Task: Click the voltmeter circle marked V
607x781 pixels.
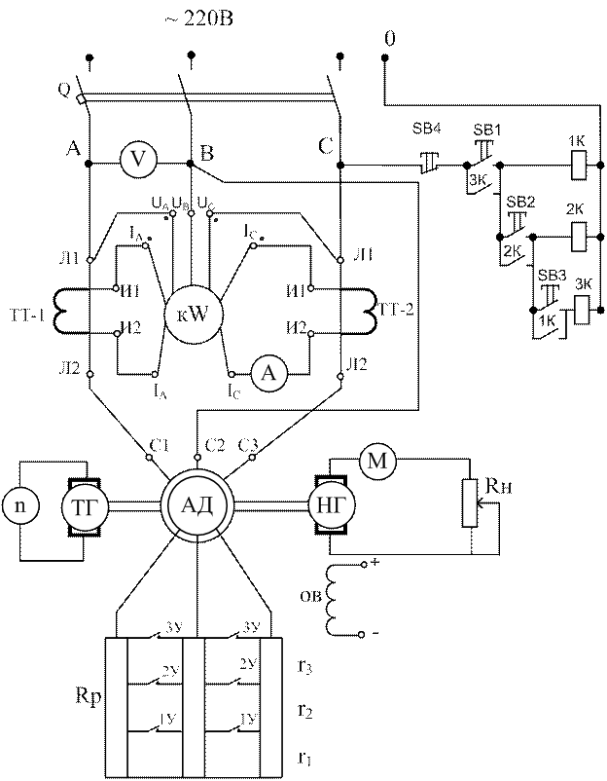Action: [x=142, y=163]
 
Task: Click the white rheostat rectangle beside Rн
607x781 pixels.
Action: [x=471, y=502]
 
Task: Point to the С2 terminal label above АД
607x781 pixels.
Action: [x=205, y=447]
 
